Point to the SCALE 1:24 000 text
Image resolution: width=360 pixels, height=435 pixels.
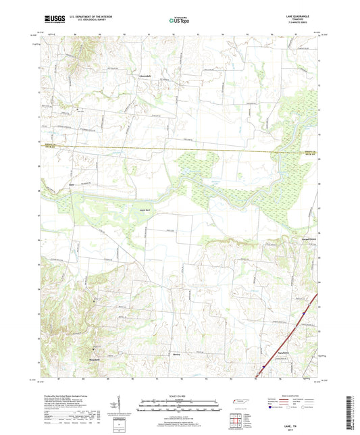[180, 395]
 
